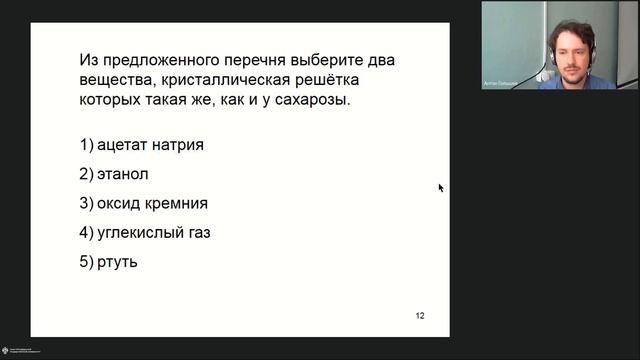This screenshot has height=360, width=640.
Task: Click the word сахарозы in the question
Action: (x=304, y=101)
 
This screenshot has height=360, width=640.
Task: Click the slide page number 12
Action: (x=420, y=316)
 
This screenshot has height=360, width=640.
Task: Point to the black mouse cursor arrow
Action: (x=440, y=187)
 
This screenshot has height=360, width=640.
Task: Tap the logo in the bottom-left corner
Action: (x=12, y=349)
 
